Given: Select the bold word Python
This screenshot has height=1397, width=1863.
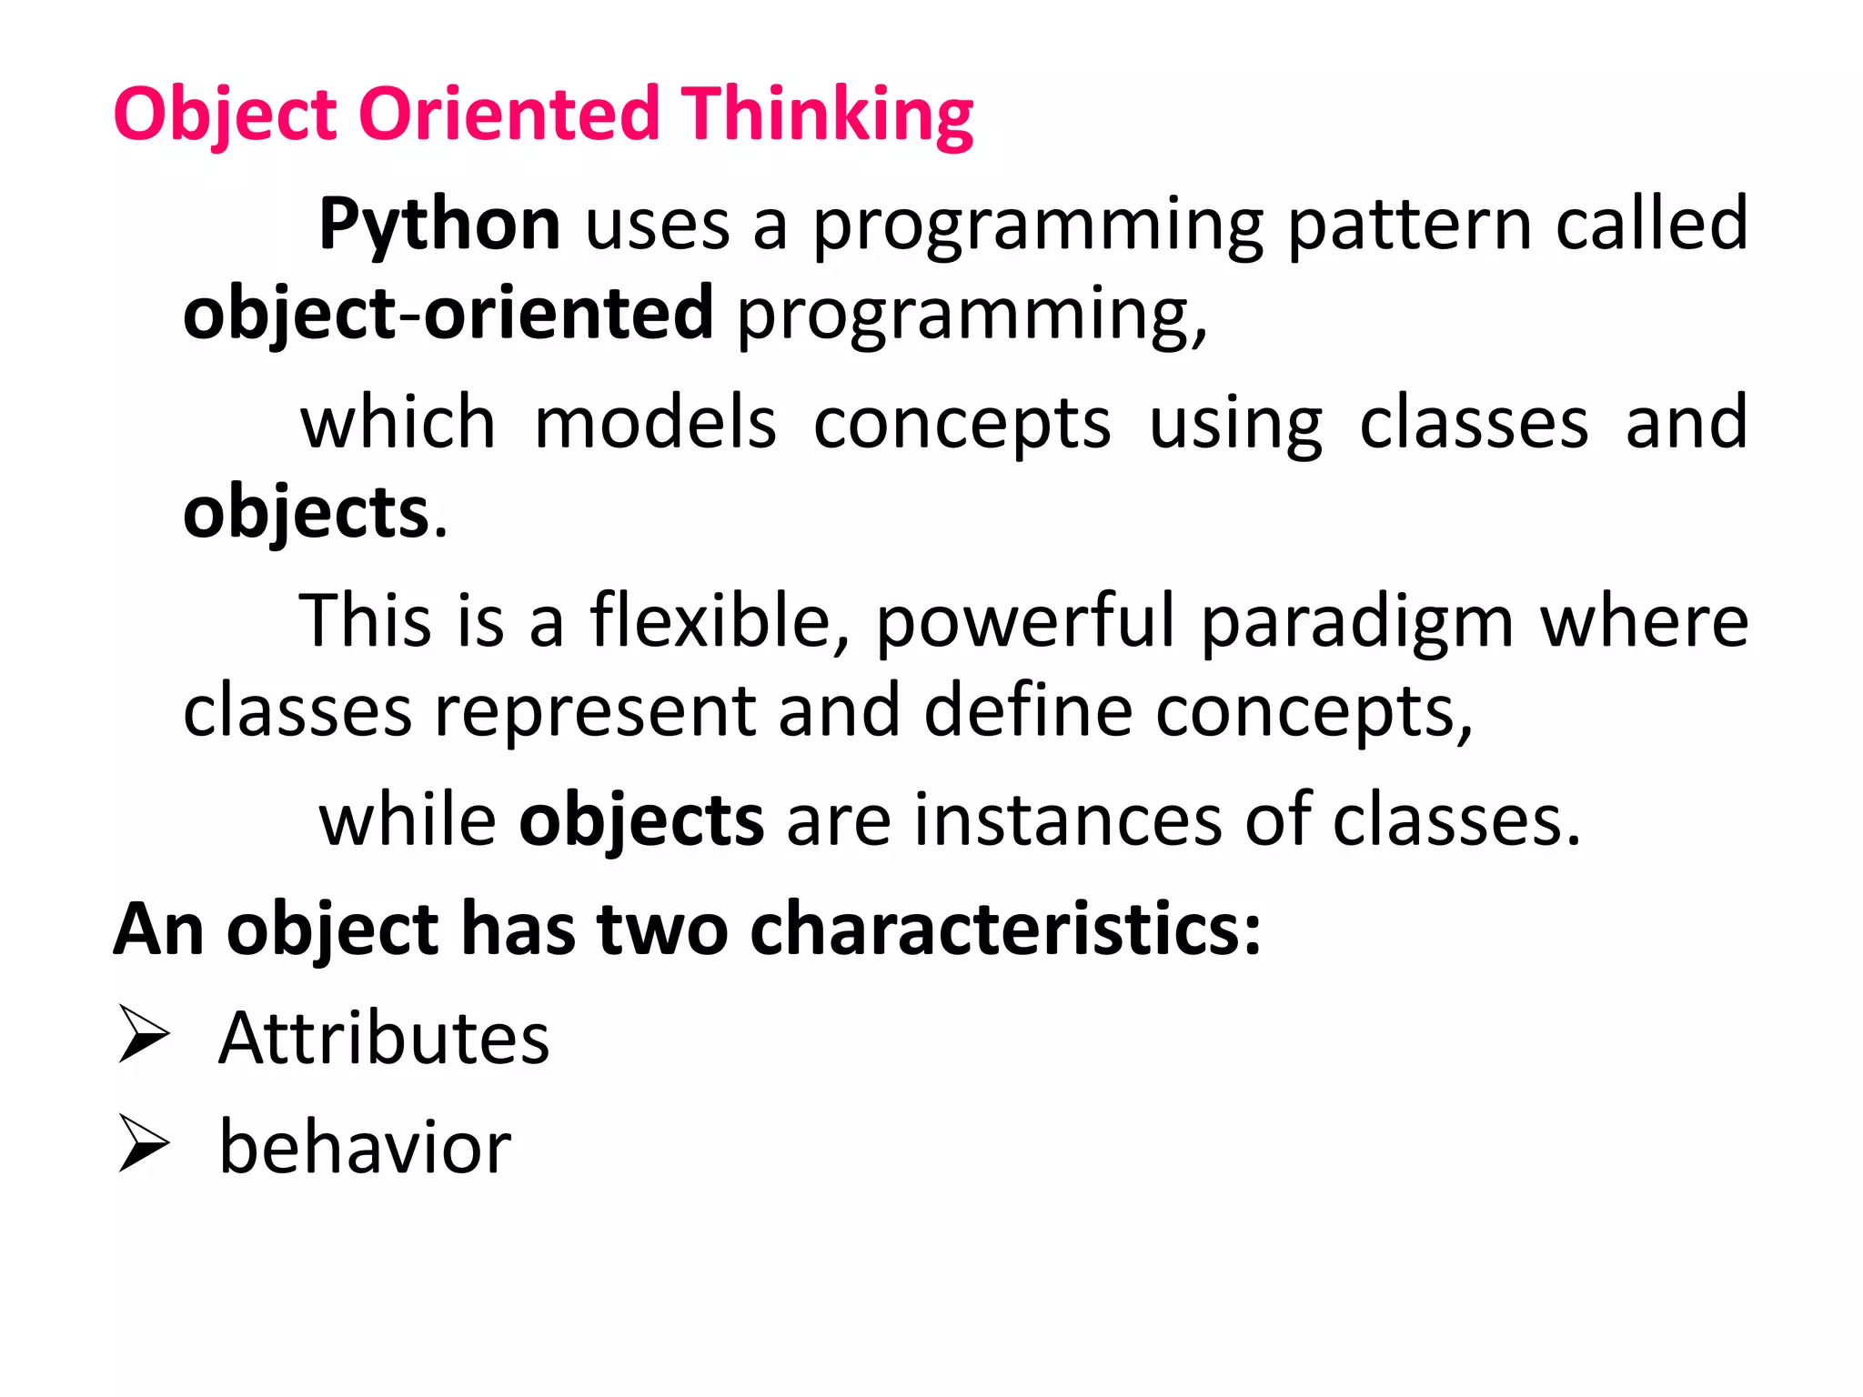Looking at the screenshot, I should pyautogui.click(x=439, y=225).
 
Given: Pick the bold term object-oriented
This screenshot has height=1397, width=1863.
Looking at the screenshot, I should pyautogui.click(x=448, y=313).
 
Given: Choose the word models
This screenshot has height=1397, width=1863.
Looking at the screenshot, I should pyautogui.click(x=655, y=423).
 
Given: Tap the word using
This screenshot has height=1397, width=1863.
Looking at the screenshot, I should pyautogui.click(x=1235, y=425).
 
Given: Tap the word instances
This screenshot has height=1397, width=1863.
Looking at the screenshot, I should pyautogui.click(x=1068, y=820).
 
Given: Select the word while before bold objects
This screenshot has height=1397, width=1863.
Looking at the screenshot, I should pyautogui.click(x=408, y=820).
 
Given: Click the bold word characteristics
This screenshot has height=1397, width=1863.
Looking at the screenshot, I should pyautogui.click(x=1005, y=930).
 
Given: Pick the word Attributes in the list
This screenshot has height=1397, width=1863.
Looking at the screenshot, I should pyautogui.click(x=384, y=1039).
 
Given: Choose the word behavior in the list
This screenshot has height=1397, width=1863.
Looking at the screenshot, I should pyautogui.click(x=365, y=1148).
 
